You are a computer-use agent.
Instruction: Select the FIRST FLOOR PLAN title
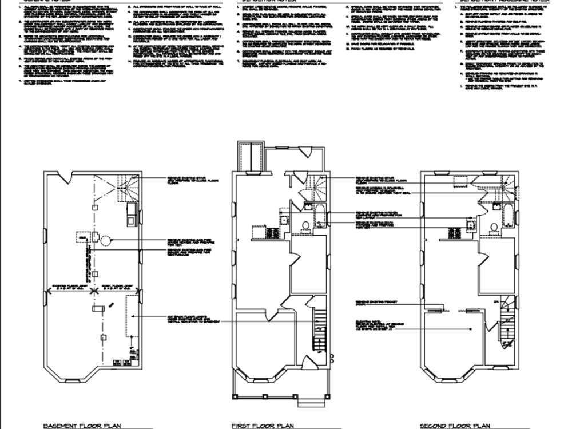(x=263, y=426)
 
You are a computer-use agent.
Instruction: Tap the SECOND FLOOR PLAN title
(x=455, y=426)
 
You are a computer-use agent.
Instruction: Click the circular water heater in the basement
(x=105, y=240)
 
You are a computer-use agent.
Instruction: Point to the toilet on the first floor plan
(x=305, y=225)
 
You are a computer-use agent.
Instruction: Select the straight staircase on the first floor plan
(x=319, y=332)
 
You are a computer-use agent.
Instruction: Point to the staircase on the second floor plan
(x=506, y=326)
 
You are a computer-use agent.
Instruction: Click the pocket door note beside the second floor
(x=372, y=303)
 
